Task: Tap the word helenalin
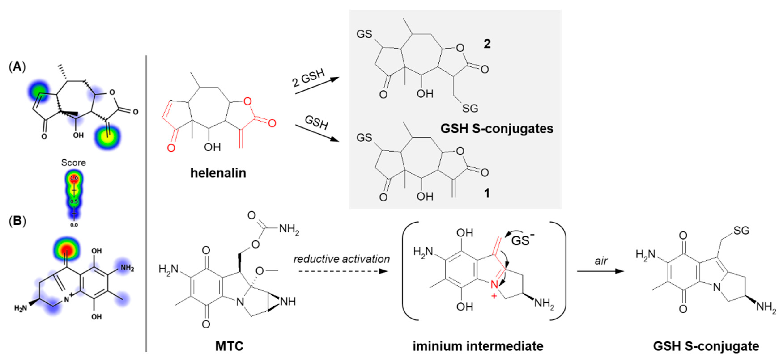click(x=218, y=173)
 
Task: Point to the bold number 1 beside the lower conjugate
click(x=487, y=193)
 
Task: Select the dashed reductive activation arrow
click(x=343, y=271)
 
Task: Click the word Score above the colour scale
click(x=73, y=163)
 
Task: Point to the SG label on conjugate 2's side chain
click(x=470, y=108)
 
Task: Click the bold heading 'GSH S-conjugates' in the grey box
click(x=497, y=129)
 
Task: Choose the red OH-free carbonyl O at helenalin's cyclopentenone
click(x=171, y=148)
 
